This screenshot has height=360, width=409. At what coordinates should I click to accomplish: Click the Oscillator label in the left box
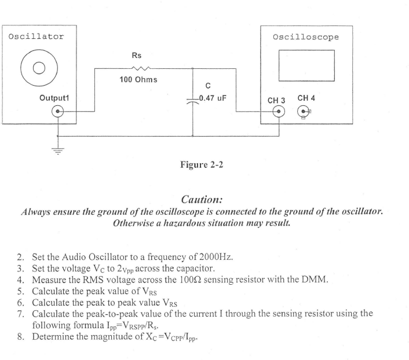[x=36, y=36]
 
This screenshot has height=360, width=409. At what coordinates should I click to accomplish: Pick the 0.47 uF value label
[x=211, y=98]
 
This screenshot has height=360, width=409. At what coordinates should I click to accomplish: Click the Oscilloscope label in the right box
[x=305, y=37]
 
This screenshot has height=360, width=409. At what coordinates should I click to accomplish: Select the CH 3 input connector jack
[x=279, y=112]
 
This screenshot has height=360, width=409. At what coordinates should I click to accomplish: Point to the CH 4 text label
[x=306, y=99]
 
